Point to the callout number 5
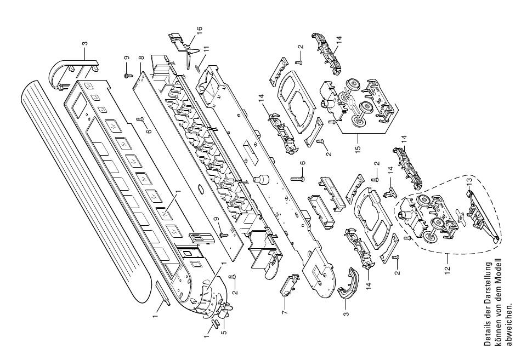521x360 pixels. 224,332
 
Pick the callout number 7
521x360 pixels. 285,312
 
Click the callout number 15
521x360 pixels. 358,148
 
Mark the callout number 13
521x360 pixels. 469,181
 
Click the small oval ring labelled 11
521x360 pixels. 197,68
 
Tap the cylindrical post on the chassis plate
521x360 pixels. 261,180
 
